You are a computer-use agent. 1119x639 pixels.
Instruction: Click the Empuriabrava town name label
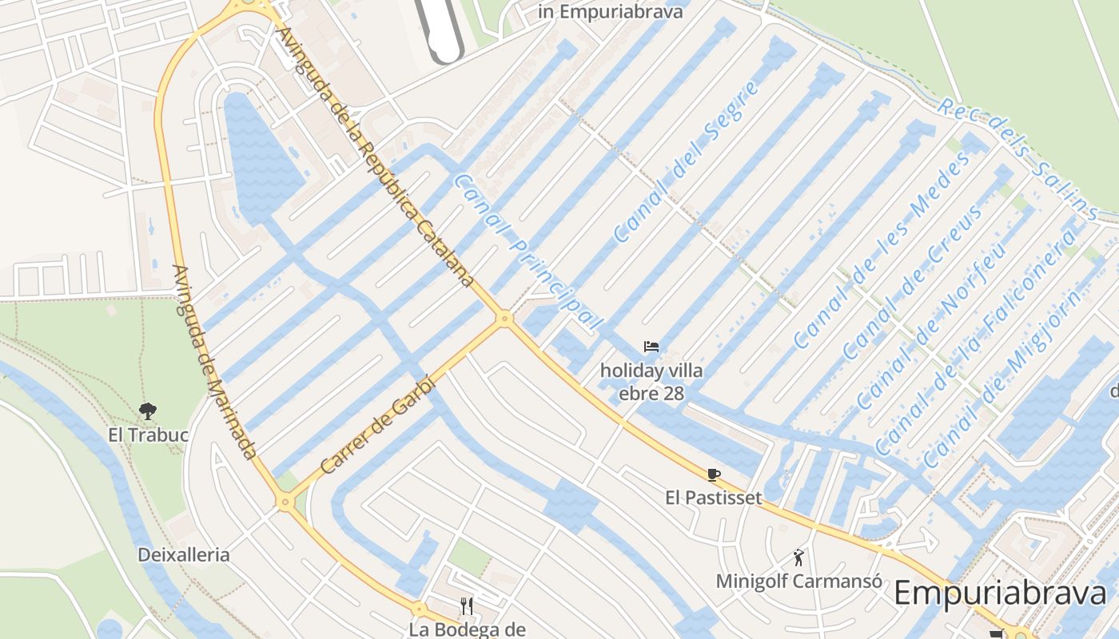1000,593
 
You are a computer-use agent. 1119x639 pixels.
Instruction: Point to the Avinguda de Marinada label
213,363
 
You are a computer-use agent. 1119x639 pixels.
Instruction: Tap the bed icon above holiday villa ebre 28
651,347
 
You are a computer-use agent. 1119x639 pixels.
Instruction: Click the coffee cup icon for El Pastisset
714,474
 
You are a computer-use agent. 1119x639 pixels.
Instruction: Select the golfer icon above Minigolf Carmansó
798,557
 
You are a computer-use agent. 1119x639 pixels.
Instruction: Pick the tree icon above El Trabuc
147,411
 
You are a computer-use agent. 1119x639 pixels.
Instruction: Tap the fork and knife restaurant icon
467,606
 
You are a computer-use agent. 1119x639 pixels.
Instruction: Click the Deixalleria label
183,554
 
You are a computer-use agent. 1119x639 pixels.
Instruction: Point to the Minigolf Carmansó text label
798,581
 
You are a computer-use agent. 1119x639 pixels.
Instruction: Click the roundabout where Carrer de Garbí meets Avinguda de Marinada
285,502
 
